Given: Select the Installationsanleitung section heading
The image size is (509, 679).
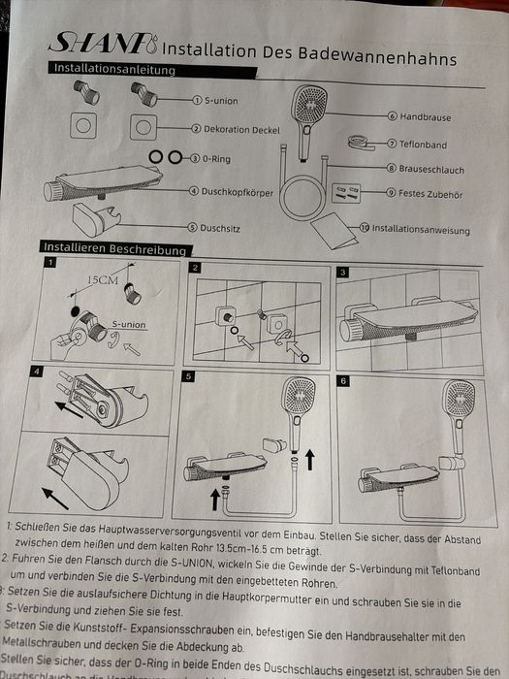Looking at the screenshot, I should click(x=113, y=69).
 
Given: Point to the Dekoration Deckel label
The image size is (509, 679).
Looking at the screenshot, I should click(x=238, y=128).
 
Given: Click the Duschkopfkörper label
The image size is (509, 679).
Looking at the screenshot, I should click(x=238, y=192).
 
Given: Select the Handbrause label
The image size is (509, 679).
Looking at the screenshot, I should click(x=425, y=116).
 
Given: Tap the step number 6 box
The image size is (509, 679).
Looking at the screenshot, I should click(x=342, y=381).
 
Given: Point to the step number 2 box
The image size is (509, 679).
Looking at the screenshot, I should click(x=195, y=268).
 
